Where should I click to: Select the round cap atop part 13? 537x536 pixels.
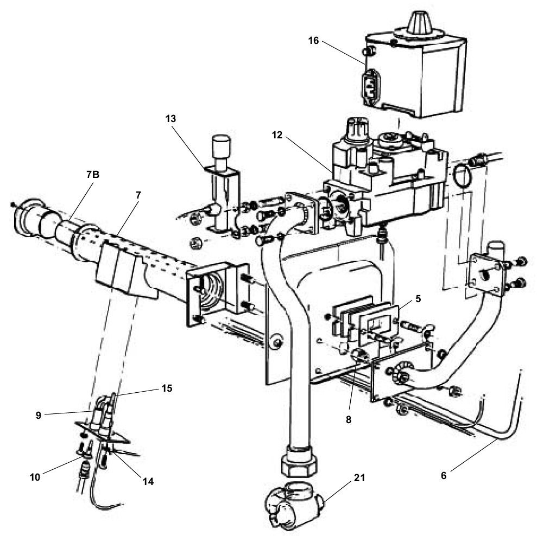[220, 145]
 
